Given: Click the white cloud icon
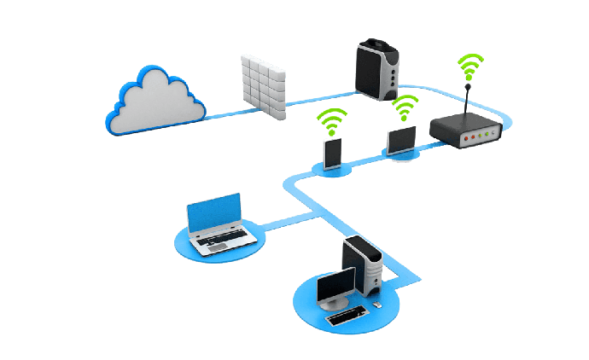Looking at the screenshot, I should tap(154, 104).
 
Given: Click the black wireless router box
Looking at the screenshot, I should tap(465, 133).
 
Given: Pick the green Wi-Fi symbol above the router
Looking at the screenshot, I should tap(469, 67).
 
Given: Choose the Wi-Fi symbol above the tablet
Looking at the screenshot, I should tap(404, 108).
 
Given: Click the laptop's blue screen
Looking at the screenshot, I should tap(215, 214).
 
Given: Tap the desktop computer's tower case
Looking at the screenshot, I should tap(362, 264).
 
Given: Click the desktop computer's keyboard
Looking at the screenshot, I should tap(348, 316).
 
